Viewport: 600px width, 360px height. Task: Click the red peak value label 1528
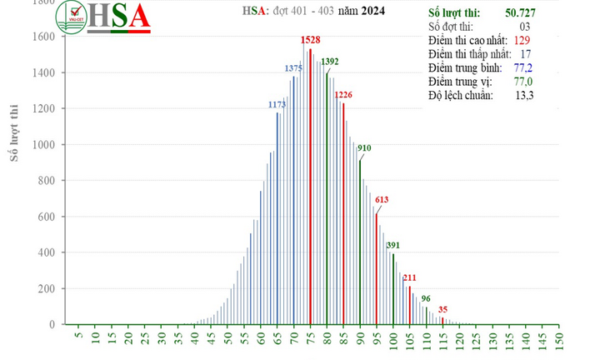click(310, 40)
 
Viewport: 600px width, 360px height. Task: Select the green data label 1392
click(330, 62)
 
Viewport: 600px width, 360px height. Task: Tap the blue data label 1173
click(277, 105)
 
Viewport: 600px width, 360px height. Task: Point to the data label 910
click(364, 148)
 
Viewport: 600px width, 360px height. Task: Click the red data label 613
click(382, 200)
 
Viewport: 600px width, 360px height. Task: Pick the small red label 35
click(442, 309)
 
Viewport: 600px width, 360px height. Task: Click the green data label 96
click(426, 298)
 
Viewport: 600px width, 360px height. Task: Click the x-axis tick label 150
click(558, 341)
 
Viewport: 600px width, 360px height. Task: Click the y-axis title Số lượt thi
click(14, 132)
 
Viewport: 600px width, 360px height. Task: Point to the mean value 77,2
click(523, 68)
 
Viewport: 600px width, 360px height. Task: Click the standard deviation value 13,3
click(523, 96)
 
